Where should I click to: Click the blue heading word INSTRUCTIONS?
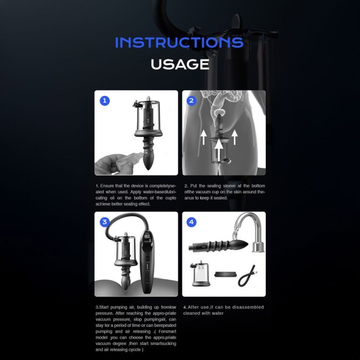[179, 43]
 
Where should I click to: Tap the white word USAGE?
[180, 64]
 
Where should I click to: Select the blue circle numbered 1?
[105, 101]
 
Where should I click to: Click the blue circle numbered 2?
[191, 101]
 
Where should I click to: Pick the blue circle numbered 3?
[105, 222]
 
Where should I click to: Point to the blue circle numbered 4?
[191, 222]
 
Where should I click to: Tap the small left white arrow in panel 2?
[203, 137]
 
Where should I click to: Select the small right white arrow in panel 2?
[235, 137]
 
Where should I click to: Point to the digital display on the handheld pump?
[147, 239]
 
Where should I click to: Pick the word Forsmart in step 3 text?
[167, 332]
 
